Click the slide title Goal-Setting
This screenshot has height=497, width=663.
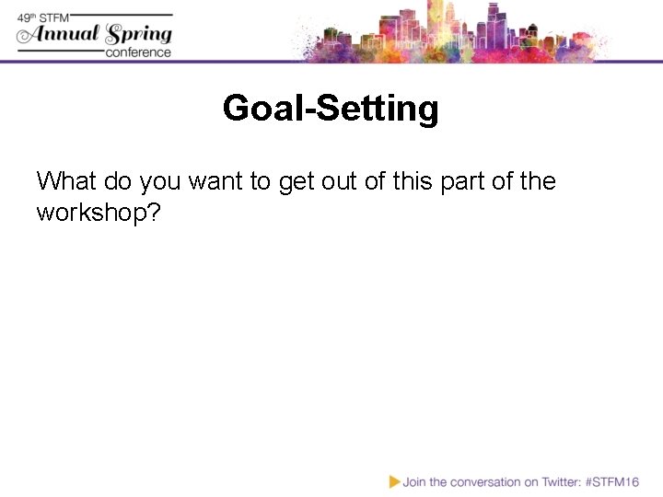pos(331,110)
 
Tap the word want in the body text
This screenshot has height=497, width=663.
pos(219,180)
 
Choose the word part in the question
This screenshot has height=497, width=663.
pos(470,180)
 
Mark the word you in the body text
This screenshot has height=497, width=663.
pos(159,180)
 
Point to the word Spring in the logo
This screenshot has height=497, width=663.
pos(138,35)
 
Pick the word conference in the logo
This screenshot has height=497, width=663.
pos(138,52)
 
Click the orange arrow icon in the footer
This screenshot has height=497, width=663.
pos(394,481)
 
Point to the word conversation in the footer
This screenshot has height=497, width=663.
pos(478,481)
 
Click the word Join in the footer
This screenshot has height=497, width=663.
pos(413,481)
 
